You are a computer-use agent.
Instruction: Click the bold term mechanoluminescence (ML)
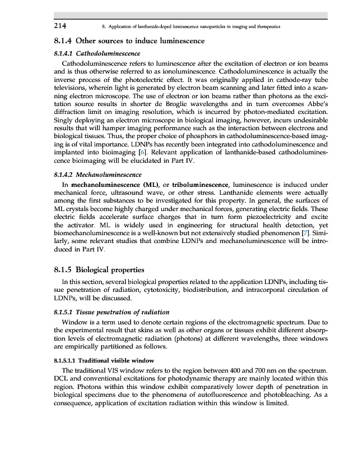110,184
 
